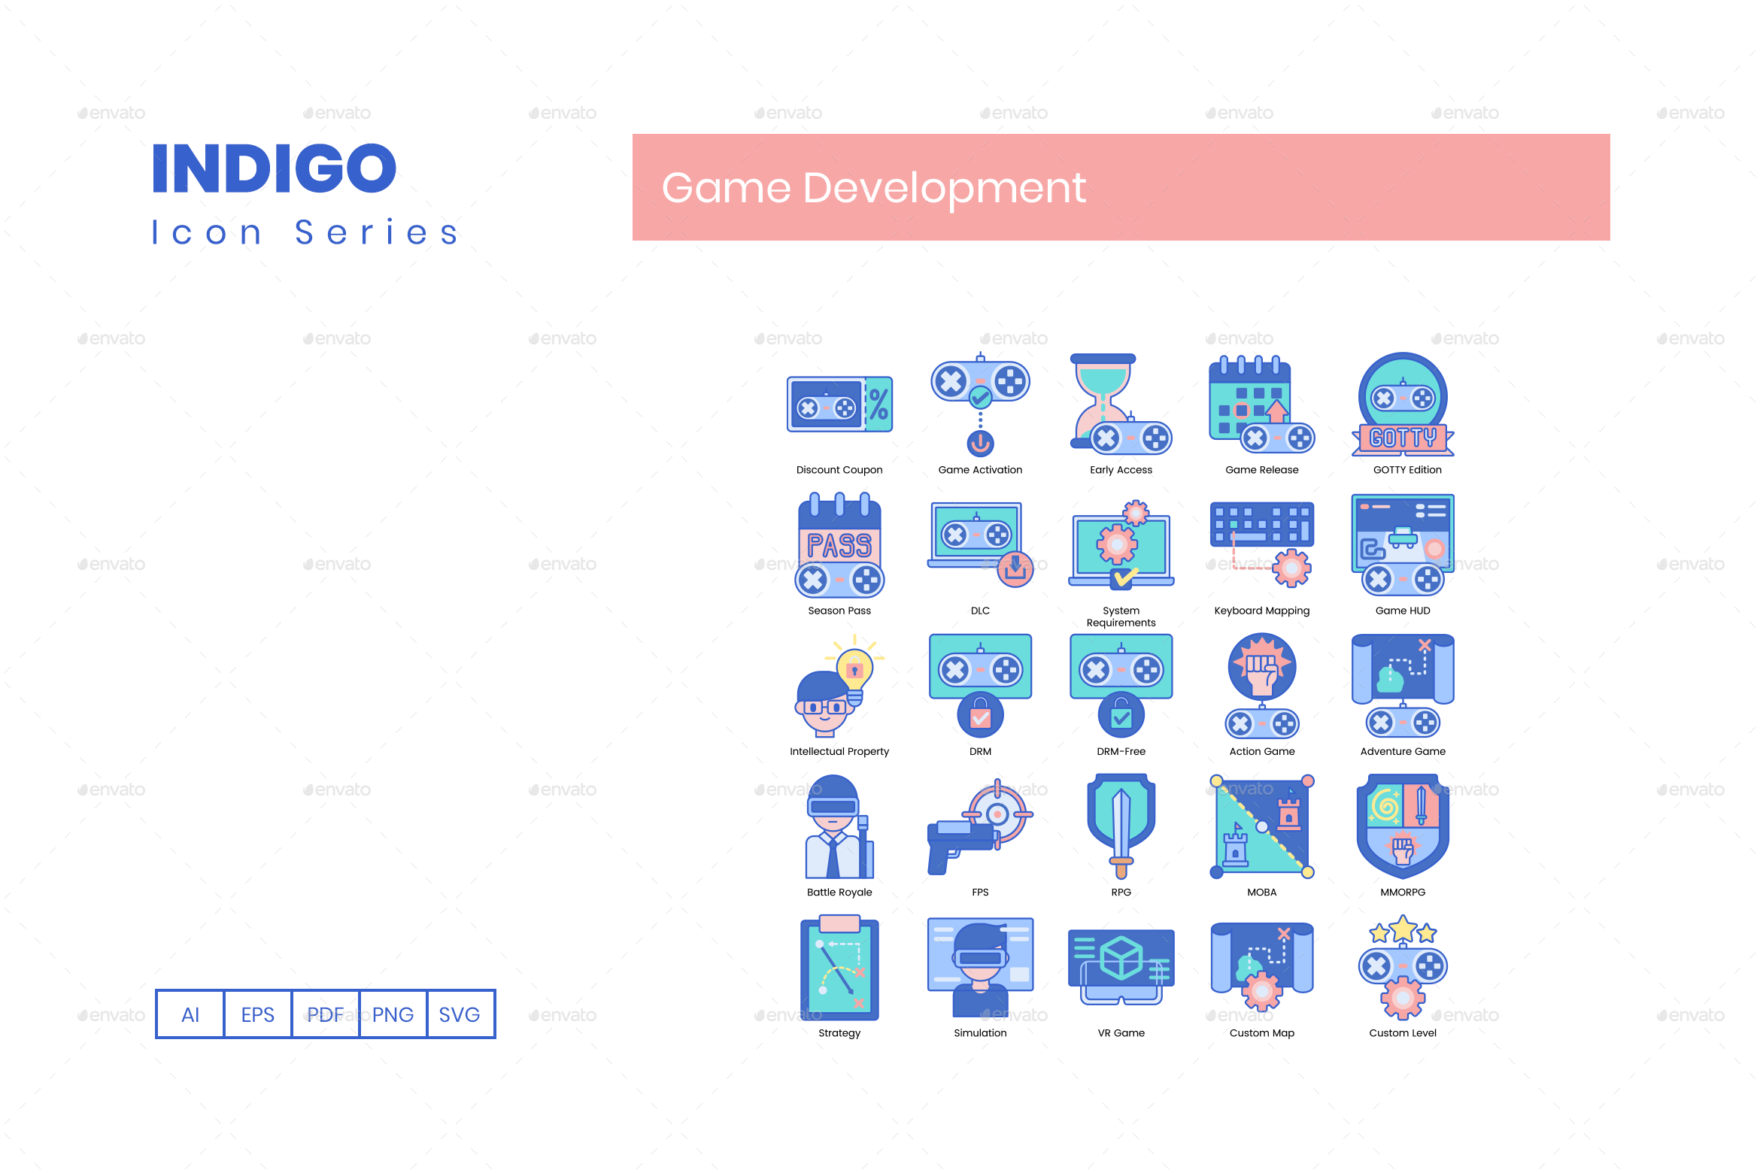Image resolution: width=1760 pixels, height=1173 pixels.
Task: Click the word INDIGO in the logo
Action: pos(275,168)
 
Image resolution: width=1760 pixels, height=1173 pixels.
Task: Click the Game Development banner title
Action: pos(873,187)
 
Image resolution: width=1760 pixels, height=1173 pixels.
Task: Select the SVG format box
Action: pos(460,1014)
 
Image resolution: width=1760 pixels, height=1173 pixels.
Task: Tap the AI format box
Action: pos(190,1014)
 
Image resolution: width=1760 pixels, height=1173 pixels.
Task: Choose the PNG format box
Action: pos(393,1014)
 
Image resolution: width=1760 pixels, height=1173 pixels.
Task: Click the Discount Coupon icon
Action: pos(839,405)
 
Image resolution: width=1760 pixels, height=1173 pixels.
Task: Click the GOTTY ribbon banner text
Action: pos(1403,438)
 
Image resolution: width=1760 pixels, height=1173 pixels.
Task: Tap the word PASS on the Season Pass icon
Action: pos(839,545)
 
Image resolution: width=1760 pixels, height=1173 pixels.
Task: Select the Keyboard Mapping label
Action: pos(1261,611)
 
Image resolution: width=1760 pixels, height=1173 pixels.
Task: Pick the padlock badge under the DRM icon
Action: pos(980,716)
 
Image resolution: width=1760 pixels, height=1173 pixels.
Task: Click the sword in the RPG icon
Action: pos(1121,827)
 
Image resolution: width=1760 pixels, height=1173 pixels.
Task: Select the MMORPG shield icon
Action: pos(1403,826)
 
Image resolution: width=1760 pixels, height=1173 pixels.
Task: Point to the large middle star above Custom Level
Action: pos(1403,929)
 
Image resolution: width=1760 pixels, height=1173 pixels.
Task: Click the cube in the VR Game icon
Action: pos(1121,957)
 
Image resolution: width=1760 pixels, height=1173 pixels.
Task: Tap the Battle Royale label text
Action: pos(839,892)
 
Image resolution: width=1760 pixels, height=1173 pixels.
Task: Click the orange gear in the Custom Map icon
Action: pos(1262,991)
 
